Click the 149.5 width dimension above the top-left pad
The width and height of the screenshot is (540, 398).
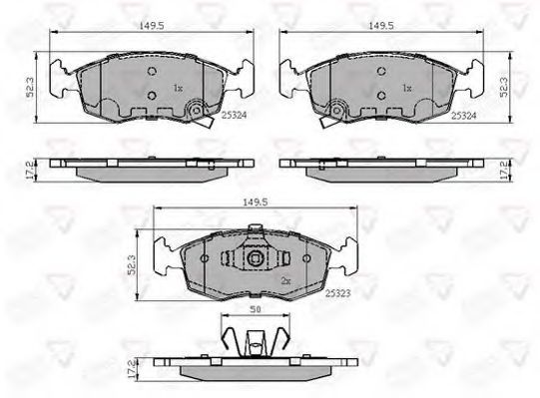152,26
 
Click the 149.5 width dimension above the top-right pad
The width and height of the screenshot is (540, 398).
381,26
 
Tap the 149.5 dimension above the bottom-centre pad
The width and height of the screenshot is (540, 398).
256,202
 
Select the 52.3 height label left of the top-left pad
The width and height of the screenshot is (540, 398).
30,87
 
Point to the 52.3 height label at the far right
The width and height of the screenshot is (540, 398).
504,87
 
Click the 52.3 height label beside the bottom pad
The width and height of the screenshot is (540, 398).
131,264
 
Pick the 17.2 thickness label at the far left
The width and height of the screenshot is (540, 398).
30,171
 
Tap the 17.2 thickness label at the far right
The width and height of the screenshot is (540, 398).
503,171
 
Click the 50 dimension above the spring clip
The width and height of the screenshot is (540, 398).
256,309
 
